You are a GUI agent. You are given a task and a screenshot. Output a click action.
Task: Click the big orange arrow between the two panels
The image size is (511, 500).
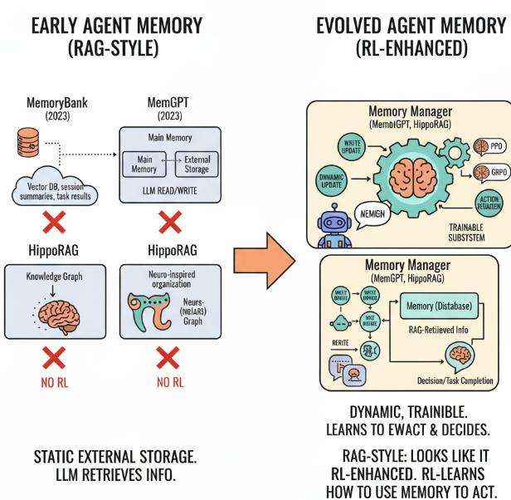[x=263, y=257]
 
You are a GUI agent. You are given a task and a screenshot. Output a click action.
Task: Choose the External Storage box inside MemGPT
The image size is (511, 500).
[x=197, y=164]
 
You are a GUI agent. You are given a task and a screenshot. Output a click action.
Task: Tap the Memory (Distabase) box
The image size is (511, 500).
[x=440, y=307]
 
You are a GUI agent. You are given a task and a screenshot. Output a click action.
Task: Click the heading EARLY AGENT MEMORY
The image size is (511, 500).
[x=116, y=25]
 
